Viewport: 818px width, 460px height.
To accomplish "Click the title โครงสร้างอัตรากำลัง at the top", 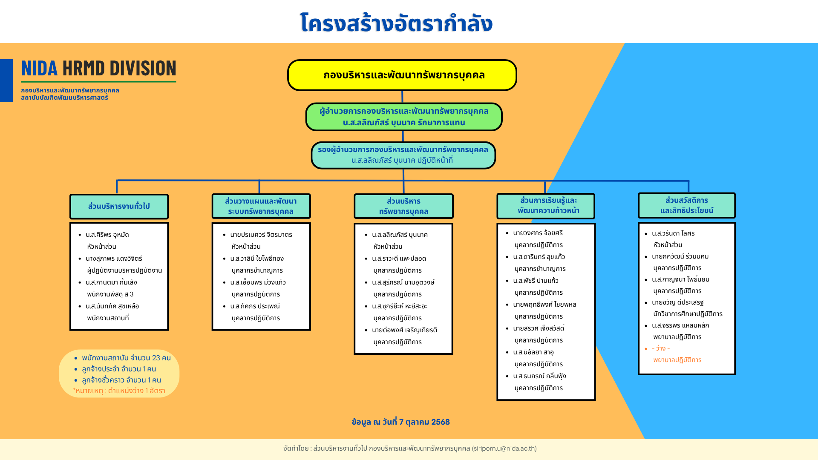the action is coord(396,23).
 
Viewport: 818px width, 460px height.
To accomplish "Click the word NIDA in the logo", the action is coord(39,68).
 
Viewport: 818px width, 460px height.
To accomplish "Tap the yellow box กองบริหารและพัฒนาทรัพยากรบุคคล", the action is coord(402,75).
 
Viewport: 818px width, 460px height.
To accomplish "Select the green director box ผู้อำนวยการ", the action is coord(404,117).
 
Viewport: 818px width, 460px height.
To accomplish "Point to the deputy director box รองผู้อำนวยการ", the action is coord(403,155).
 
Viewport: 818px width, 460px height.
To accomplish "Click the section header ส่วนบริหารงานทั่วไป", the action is coord(119,207).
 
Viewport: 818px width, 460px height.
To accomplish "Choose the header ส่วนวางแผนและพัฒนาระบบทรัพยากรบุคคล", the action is coord(261,206).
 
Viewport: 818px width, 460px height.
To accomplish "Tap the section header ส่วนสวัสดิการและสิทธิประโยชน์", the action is coord(687,205).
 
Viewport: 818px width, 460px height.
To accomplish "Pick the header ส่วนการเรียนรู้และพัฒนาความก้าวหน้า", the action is coord(546,206).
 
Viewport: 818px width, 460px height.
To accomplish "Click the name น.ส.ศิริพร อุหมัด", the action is coord(107,235).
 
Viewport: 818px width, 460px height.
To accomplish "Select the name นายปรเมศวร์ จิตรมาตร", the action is coord(261,235).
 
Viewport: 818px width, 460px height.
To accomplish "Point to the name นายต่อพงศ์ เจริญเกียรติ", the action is coord(404,330).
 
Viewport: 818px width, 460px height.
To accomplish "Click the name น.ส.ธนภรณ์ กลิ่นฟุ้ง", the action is coord(539,376).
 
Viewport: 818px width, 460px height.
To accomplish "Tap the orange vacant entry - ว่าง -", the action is coord(661,348).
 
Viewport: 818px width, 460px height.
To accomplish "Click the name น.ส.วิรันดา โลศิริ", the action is coord(673,233).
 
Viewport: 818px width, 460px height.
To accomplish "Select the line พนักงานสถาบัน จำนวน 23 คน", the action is coord(126,358).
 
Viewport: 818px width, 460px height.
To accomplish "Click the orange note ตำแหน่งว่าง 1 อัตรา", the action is coord(136,391).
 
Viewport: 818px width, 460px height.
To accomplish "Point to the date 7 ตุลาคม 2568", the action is coord(424,422).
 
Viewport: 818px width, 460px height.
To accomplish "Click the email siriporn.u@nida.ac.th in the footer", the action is coord(504,448).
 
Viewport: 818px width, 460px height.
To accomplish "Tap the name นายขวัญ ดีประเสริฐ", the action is coord(677,302).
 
